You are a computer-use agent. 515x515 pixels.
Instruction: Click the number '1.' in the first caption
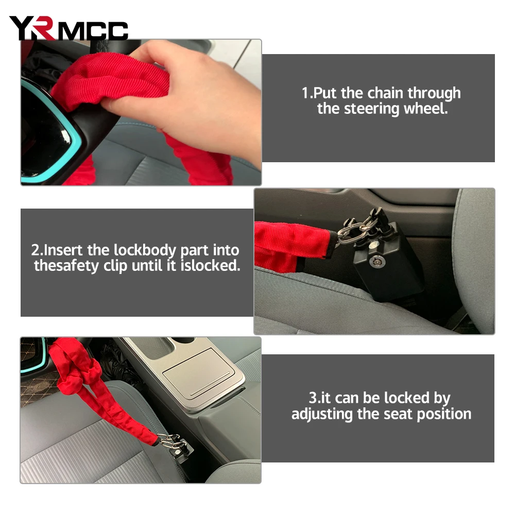[x=307, y=93]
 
